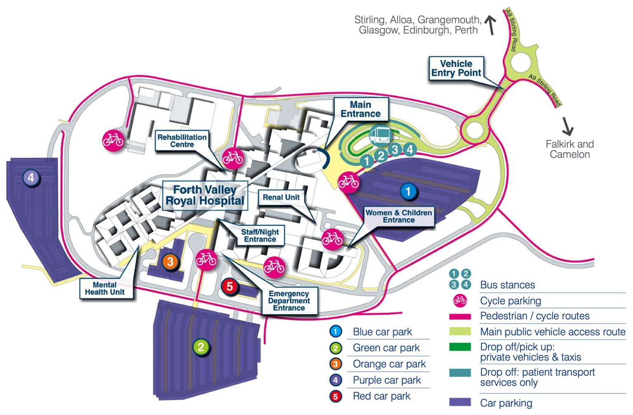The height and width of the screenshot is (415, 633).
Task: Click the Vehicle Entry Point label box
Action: [456, 68]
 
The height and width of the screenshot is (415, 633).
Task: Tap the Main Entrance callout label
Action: [361, 109]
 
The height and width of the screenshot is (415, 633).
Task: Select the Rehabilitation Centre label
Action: [182, 141]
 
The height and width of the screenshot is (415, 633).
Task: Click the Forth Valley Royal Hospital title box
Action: [205, 195]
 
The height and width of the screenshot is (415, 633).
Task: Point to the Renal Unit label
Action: [281, 198]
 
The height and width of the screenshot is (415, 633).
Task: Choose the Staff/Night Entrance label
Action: [260, 236]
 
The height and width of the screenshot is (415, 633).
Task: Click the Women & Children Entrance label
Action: [399, 216]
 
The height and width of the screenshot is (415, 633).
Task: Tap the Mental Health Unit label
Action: [105, 288]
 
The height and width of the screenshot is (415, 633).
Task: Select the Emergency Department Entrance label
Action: [289, 301]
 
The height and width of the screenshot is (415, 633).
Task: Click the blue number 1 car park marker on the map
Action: [408, 191]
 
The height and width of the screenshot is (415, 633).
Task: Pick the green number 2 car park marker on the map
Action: [201, 347]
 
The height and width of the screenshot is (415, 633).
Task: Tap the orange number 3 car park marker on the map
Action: [170, 261]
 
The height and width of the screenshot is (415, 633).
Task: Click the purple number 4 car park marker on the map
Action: [31, 178]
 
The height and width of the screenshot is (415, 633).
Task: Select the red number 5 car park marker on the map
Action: [230, 286]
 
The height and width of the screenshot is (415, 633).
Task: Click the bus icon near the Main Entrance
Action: [380, 134]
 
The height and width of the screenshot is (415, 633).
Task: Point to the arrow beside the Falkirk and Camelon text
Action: [568, 126]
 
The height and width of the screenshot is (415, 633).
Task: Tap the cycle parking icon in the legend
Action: [460, 301]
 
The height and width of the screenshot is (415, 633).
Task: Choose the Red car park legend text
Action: [382, 396]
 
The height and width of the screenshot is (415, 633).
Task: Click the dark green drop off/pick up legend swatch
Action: [460, 347]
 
